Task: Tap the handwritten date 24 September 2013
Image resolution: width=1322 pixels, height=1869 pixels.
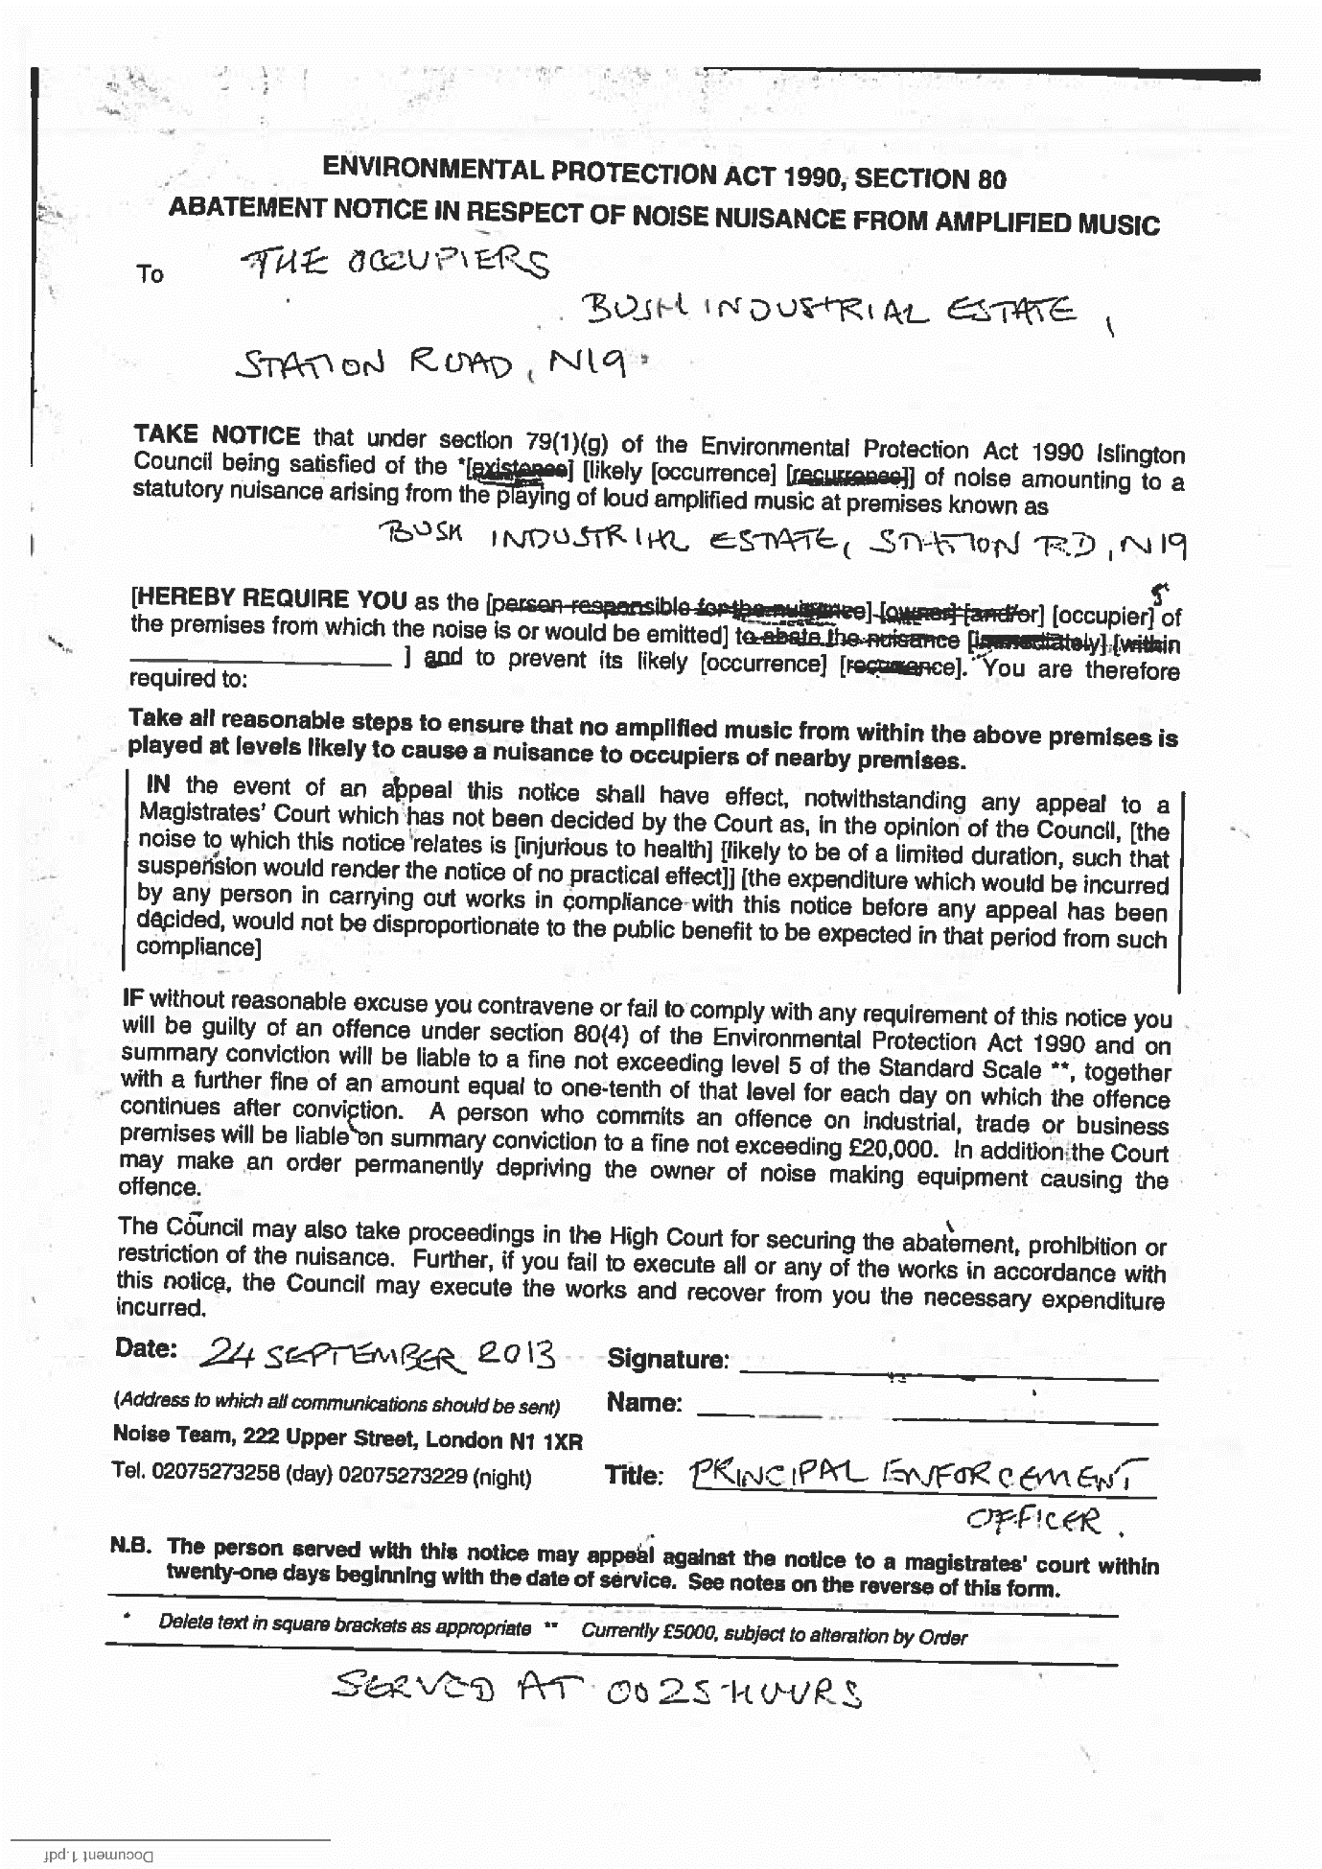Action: [380, 1354]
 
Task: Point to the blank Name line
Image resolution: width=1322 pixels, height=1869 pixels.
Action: [926, 1411]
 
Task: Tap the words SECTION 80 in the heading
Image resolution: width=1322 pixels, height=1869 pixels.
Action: [929, 179]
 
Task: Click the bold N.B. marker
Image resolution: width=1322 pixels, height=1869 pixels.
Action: [132, 1545]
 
